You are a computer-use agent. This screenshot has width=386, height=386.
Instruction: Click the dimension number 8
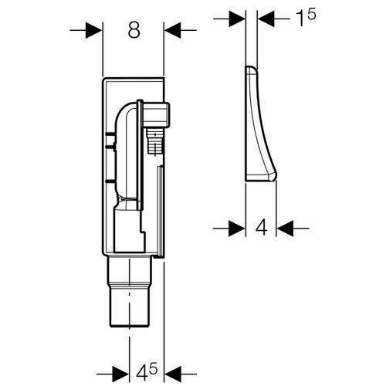point(134,30)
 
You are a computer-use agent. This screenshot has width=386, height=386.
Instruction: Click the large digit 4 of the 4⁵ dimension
point(141,374)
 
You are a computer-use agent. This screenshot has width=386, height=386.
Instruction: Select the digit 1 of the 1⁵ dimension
point(300,19)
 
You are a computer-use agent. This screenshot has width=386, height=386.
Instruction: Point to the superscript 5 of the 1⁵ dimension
point(311,14)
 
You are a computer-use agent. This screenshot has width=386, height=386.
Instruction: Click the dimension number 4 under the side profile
point(262,228)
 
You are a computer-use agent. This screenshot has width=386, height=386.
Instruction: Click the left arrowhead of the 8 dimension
point(93,30)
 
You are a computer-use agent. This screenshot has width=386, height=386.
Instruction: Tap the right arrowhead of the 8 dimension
point(173,30)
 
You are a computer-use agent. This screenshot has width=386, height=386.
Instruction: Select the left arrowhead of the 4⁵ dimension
point(120,374)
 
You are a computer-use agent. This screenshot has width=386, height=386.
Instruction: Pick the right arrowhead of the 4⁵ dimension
point(173,374)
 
